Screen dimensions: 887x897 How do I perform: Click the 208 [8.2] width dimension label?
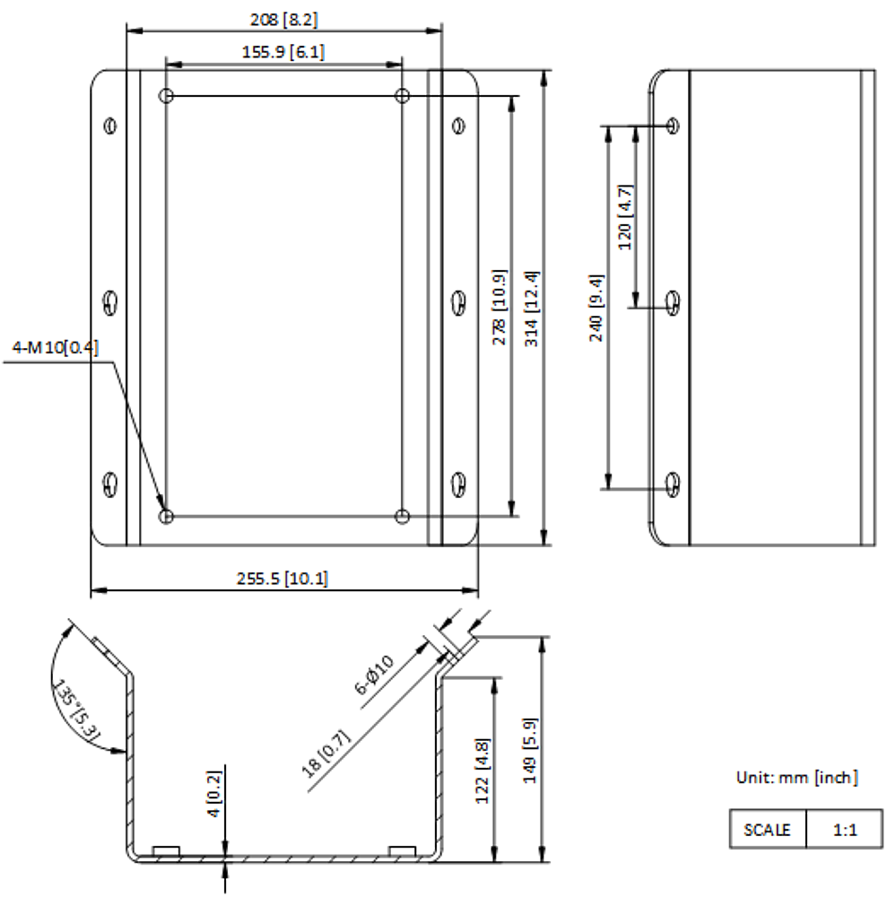pos(283,20)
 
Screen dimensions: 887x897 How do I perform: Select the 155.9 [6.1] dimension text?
pos(283,52)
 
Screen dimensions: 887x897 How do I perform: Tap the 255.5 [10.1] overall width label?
pos(283,579)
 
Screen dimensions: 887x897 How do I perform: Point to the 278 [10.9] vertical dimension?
pos(500,307)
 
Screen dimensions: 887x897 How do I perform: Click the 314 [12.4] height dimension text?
pos(532,309)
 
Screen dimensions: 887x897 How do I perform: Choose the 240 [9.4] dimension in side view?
pos(596,308)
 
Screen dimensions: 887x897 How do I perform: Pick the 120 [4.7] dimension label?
pos(626,217)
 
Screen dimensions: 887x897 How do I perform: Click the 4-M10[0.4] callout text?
pos(56,347)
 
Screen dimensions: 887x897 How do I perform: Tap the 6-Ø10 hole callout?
pos(375,675)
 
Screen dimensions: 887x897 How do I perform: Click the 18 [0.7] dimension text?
pos(326,754)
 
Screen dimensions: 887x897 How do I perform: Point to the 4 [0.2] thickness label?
pos(213,794)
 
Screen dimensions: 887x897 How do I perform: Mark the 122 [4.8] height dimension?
pos(483,771)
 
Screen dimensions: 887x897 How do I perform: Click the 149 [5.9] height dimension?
pos(529,751)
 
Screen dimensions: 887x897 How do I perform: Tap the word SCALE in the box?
pos(767,830)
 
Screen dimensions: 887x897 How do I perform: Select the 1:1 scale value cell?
pos(845,830)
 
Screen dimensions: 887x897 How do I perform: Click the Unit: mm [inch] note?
pos(797,778)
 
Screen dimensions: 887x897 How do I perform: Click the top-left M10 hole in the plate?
pos(166,96)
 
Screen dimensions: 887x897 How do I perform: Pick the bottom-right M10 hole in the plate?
pos(402,517)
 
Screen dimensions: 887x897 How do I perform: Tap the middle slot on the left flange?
pos(110,303)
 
